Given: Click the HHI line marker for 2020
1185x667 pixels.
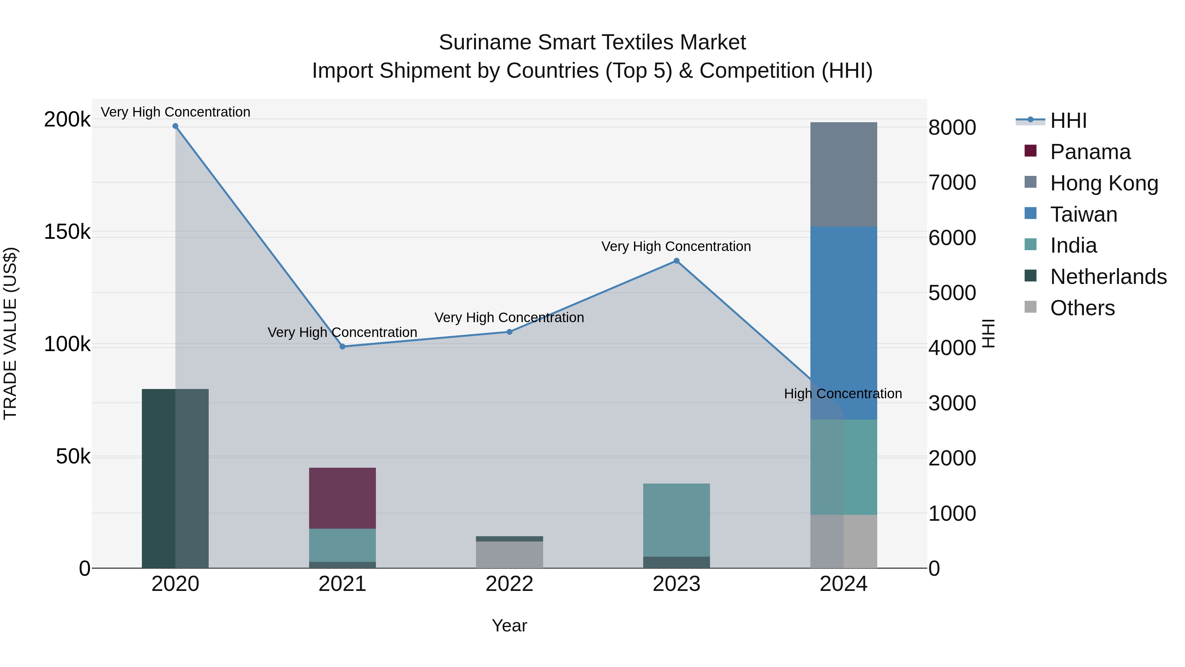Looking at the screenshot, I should [x=175, y=126].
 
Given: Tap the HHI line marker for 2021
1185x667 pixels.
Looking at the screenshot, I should [x=342, y=347].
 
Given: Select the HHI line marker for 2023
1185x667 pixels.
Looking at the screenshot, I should [x=676, y=261].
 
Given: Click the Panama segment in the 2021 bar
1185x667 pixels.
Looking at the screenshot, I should [x=342, y=498].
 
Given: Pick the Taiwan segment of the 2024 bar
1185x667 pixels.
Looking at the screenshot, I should [x=843, y=322].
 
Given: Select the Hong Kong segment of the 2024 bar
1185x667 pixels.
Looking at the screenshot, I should [x=843, y=175].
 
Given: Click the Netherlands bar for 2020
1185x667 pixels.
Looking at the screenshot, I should [x=175, y=478].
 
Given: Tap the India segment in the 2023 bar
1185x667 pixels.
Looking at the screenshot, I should [x=676, y=520].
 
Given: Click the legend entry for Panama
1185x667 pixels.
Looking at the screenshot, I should [x=1090, y=152].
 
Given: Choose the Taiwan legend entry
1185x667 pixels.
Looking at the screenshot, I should [x=1083, y=214].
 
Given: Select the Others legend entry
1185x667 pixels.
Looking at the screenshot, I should [x=1082, y=308].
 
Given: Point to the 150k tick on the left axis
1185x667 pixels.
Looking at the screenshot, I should [x=67, y=232].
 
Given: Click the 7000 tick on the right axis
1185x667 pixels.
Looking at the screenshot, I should [x=952, y=183].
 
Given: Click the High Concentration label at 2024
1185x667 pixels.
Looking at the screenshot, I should [x=843, y=394].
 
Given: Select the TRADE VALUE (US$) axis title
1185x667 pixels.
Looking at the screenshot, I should [x=10, y=333].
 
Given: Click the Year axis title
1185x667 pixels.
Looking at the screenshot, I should [x=509, y=625].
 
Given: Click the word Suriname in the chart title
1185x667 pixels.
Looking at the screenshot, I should [x=485, y=42].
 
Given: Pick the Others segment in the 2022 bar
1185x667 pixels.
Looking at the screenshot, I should [x=509, y=554].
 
